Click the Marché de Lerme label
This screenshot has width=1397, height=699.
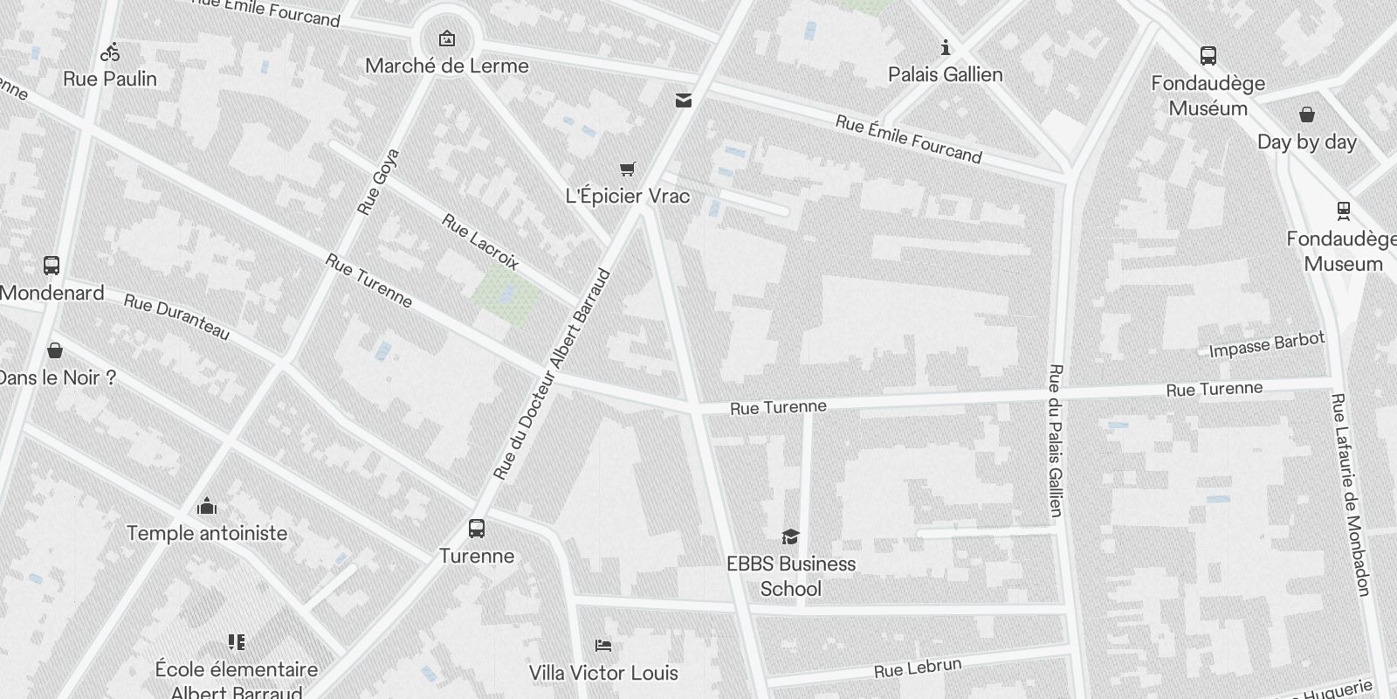point(447,66)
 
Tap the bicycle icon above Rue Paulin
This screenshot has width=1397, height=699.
point(110,52)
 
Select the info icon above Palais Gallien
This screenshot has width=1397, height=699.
point(945,47)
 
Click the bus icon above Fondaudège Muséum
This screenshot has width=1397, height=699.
point(1208,56)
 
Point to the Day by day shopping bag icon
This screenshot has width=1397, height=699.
point(1307,114)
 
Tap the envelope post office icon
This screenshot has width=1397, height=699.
point(684,100)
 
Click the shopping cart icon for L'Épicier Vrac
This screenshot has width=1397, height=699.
point(628,169)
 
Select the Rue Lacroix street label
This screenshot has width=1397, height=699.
point(480,241)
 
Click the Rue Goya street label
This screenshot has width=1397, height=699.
point(378,182)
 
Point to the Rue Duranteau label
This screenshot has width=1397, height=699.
point(177,317)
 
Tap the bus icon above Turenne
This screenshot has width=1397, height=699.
point(477,528)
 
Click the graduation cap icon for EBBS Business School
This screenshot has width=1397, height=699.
point(790,536)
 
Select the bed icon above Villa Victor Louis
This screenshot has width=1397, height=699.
point(603,646)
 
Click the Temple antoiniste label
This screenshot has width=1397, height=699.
point(207,533)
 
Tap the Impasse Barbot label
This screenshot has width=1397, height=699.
point(1267,344)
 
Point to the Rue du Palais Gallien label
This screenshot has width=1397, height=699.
point(1056,440)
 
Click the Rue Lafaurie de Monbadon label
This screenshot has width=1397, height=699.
point(1351,495)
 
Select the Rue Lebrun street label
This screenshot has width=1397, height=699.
point(918,668)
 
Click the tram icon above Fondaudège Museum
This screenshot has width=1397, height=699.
point(1343,211)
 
